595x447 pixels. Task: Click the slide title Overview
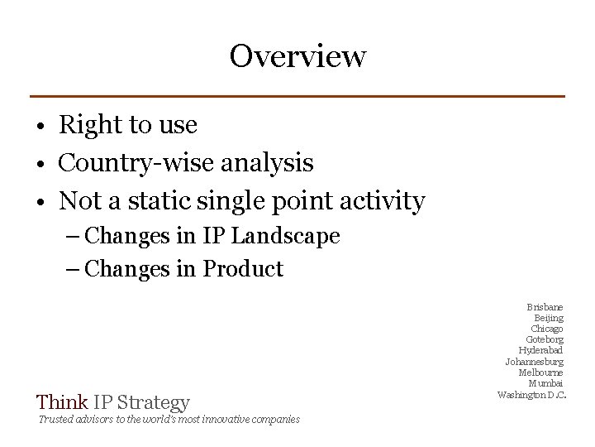point(297,56)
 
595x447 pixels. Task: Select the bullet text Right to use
point(128,125)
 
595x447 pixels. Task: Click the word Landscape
point(285,236)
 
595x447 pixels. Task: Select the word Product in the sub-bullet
point(243,269)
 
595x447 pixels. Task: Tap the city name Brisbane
point(545,307)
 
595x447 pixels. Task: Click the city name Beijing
point(549,318)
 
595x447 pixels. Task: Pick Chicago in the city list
point(547,329)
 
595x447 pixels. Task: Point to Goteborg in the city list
point(545,339)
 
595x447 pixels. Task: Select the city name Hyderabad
point(541,350)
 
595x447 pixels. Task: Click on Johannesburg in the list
point(535,361)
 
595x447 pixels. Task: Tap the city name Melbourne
point(541,372)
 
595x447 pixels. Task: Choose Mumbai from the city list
point(546,382)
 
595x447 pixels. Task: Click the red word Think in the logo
point(63,403)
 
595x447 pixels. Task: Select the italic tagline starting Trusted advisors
point(168,420)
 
